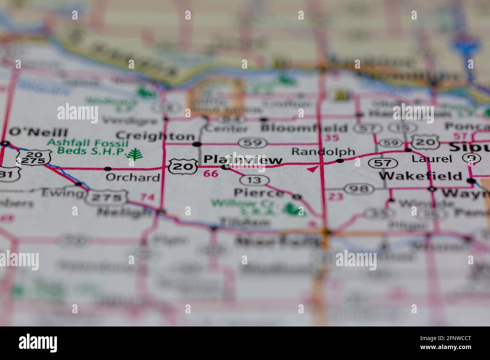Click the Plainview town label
tap(243, 160)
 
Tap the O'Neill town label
tap(38, 132)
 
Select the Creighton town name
tap(155, 136)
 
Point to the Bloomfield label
tap(304, 128)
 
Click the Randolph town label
tap(323, 152)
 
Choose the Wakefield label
tap(420, 176)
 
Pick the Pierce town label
tap(259, 193)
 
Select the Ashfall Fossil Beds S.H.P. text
tap(87, 147)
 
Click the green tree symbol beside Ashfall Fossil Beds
tap(134, 154)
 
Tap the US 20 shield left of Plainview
tap(183, 166)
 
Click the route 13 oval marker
tap(255, 180)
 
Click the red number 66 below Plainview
tap(211, 174)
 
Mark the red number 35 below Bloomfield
tap(331, 138)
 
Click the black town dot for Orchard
tap(108, 169)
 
